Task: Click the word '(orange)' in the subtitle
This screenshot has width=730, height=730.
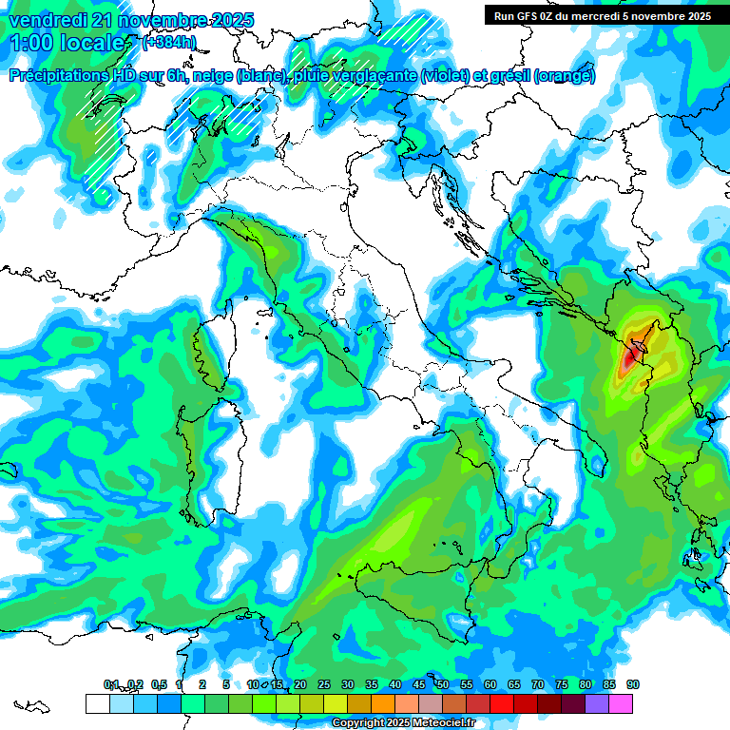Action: pos(566,76)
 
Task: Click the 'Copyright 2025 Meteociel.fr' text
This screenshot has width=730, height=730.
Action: pos(403,723)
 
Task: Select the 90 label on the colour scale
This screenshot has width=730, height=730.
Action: pos(633,684)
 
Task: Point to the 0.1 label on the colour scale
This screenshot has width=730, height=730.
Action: pos(110,684)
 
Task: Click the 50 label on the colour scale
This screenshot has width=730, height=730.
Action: pos(443,684)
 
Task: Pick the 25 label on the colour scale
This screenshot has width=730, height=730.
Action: pos(323,684)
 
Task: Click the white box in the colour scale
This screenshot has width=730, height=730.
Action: pos(97,703)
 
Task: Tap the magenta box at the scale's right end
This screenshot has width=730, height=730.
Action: pos(621,703)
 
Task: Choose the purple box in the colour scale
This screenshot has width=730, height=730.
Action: pos(597,703)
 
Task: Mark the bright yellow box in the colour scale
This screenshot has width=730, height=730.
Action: pos(335,703)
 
